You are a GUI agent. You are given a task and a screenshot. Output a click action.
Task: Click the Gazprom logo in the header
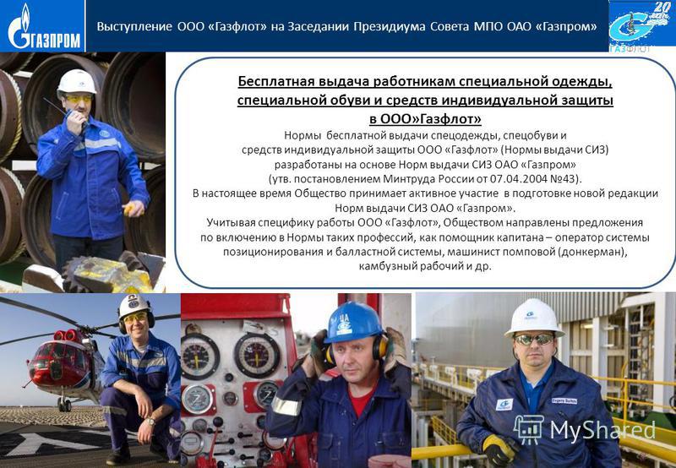42,26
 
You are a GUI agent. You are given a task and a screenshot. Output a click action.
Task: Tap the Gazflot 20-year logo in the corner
642,25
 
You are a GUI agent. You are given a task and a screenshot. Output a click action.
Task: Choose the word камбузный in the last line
382,266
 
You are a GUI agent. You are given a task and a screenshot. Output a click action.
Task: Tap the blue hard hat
352,323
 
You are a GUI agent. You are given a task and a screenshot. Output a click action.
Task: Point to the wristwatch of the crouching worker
151,422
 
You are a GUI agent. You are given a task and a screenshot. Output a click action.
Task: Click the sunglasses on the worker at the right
534,340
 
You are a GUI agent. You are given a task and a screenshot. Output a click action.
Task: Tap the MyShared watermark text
602,429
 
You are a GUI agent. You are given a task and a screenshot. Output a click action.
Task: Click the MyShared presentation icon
529,429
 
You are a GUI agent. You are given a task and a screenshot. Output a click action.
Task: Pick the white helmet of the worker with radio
77,81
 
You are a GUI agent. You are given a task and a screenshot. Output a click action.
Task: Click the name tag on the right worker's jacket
564,400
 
